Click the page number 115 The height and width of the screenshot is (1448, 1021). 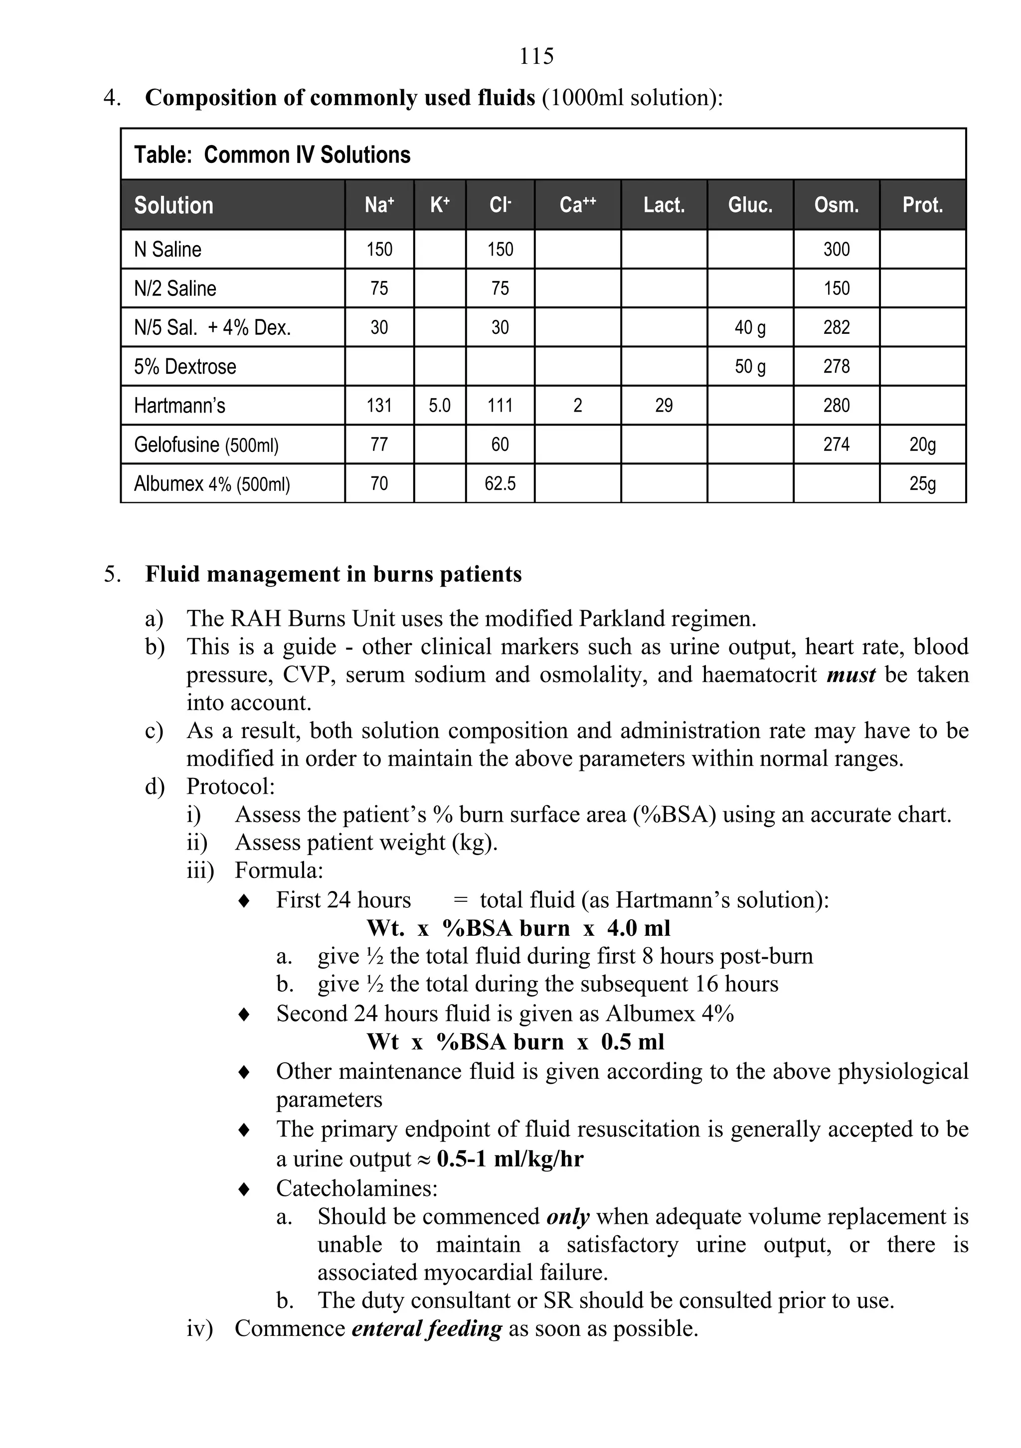pos(536,57)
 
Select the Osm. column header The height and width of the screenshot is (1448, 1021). pos(836,205)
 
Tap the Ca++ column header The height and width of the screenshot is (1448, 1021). pos(577,205)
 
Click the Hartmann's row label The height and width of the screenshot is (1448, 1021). pos(180,406)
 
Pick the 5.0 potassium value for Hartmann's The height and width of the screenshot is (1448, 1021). pos(440,406)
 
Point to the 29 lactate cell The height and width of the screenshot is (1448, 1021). pos(664,406)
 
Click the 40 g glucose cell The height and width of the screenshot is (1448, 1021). pos(750,327)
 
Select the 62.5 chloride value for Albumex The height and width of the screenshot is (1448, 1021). pos(500,484)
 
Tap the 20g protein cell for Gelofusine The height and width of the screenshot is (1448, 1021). pos(922,444)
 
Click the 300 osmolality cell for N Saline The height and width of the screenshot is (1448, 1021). pos(836,249)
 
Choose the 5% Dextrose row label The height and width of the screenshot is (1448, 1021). pos(185,366)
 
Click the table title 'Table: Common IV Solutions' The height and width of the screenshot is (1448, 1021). pos(272,155)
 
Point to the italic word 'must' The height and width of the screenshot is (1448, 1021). pos(851,675)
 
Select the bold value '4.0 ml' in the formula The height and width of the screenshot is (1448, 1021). pos(639,928)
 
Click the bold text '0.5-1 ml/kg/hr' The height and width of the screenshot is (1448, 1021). pos(510,1158)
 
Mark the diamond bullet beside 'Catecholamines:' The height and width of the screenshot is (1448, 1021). pos(244,1189)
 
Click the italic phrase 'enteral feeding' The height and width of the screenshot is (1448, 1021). pos(427,1328)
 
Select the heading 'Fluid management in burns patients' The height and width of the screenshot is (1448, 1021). pos(333,575)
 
